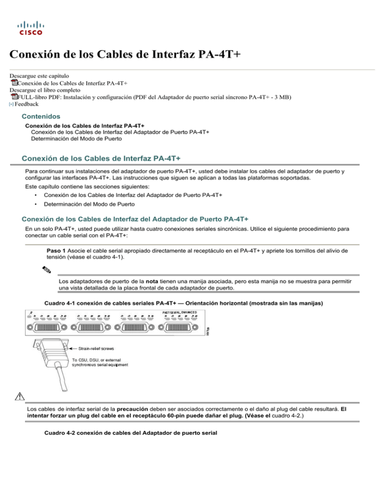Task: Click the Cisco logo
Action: [x=31, y=27]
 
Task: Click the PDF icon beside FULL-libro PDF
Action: [x=14, y=96]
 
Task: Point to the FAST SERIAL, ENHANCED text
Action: [x=183, y=312]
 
